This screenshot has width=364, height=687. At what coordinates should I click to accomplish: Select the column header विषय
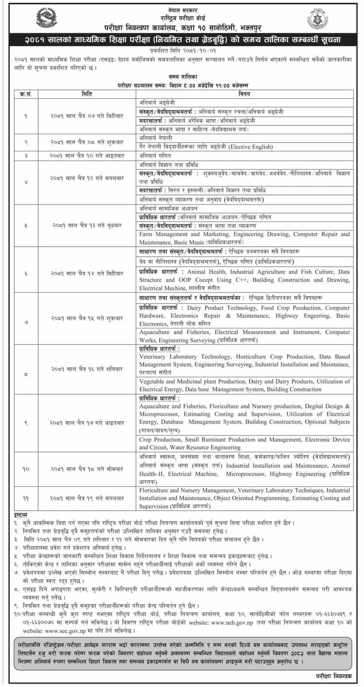(245, 94)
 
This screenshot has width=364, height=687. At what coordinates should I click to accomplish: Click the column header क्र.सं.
(26, 94)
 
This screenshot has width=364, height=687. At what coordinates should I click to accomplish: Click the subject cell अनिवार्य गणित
(155, 156)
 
